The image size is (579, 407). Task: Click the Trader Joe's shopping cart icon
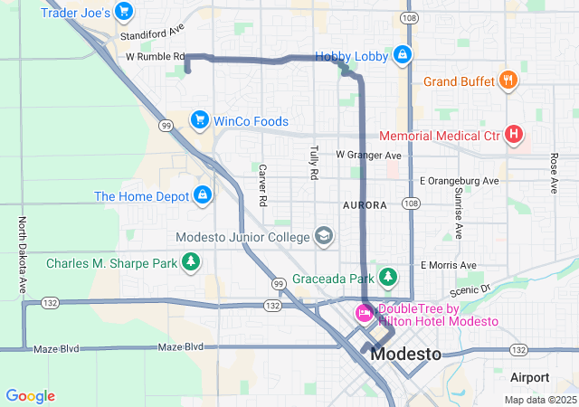pos(124,13)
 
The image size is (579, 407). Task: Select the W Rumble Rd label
pos(155,56)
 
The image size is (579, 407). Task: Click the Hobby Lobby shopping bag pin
pos(402,56)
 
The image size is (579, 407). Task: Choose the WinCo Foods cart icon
pos(200,120)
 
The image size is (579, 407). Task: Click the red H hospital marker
pos(514,136)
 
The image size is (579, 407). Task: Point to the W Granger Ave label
pos(368,156)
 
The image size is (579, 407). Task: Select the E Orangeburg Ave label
pos(460,181)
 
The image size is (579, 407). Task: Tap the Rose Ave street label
pos(554,173)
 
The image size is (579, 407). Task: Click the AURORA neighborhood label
pos(365,205)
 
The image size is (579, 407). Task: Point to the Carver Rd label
pos(263,184)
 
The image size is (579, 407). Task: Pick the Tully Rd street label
pos(314,160)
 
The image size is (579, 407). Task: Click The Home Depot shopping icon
pos(203,195)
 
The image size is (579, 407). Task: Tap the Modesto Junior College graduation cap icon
pos(323,237)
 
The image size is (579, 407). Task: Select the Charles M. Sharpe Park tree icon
pos(191,263)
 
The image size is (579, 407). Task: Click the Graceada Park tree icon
pos(388,276)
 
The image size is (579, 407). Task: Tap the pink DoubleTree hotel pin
pos(364,313)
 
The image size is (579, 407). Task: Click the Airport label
pos(529,377)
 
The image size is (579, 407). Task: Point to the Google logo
pos(30,396)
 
